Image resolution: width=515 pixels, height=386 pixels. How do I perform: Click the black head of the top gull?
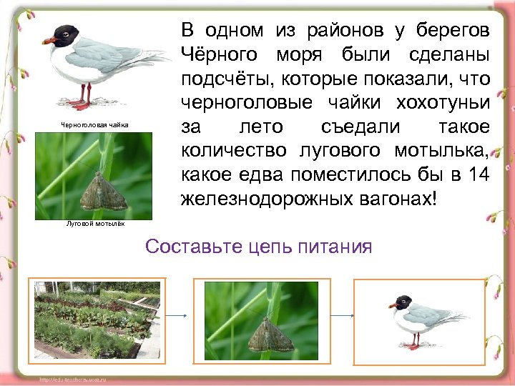[66, 33]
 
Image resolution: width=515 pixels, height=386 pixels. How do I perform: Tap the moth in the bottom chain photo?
[266, 334]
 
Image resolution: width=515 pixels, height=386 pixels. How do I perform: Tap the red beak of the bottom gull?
[393, 305]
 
